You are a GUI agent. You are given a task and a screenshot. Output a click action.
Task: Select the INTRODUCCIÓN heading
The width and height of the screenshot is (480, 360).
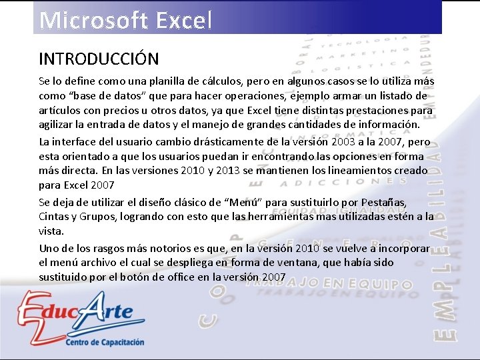pos(99,59)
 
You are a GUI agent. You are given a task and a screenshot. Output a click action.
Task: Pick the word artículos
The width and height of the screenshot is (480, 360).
pos(60,111)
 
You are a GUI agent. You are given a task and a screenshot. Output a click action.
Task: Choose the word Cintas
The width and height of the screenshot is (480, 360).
pos(54,216)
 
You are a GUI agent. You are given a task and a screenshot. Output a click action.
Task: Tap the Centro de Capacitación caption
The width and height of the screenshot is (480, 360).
pos(104,342)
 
